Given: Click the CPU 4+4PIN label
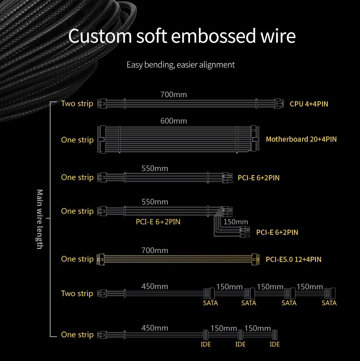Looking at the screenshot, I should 309,104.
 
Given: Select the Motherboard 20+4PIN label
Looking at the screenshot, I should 301,139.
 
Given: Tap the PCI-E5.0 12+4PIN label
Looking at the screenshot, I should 294,259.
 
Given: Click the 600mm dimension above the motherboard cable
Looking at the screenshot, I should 174,121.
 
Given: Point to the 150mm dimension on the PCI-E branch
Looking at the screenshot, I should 236,222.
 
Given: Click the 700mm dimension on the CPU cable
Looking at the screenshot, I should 174,95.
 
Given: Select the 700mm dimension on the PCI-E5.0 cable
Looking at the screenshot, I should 155,250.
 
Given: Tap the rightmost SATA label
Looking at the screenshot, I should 329,303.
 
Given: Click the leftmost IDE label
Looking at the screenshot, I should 206,344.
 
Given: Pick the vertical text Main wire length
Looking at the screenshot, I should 40,219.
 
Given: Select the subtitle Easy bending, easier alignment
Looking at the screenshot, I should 181,65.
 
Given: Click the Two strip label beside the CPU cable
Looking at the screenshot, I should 77,104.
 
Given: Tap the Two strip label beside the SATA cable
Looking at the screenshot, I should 77,293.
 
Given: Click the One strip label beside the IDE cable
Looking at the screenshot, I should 77,335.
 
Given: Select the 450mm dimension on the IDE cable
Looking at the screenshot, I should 155,328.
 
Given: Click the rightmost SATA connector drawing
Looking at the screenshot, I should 330,293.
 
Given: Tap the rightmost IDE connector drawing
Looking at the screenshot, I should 275,335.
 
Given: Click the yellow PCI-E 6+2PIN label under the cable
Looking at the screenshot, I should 158,222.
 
